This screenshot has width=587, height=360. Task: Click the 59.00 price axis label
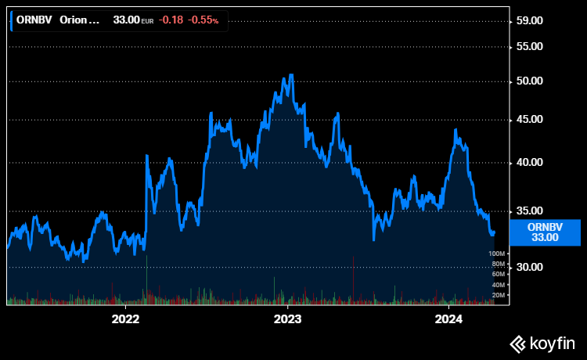pos(530,20)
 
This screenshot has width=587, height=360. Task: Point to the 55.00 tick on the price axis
pos(530,46)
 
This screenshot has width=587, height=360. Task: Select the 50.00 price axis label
pos(530,81)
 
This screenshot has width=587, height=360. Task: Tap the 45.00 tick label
pos(530,119)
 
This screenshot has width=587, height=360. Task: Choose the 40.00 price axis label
pos(530,162)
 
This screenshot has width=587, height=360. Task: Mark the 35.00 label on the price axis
pos(530,211)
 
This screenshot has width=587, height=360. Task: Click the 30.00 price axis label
pos(530,267)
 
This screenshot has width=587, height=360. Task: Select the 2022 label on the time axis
pos(125,319)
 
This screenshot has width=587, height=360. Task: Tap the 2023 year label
pos(287,319)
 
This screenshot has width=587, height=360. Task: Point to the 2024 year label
pos(449,319)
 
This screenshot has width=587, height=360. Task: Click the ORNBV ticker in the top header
pos(34,20)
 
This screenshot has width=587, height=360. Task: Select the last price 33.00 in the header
pos(126,20)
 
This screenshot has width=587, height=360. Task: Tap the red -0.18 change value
pos(171,20)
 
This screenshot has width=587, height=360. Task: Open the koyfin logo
pos(542,343)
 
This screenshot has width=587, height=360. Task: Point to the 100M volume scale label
pos(495,254)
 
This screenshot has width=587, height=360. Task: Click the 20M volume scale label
pos(497,295)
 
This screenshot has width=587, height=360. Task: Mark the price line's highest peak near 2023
pos(291,75)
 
